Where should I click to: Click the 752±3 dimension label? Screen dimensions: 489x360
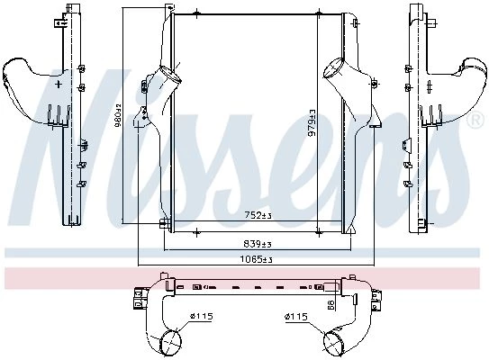pos(258,215)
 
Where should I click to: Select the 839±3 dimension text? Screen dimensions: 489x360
pos(258,244)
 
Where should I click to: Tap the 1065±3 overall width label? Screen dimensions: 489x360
pos(256,259)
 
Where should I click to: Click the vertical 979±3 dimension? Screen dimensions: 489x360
pos(312,122)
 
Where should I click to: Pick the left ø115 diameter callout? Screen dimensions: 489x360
pos(202,317)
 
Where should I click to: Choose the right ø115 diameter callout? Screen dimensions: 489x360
pos(296,317)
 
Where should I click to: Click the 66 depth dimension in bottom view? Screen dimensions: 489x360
pos(331,304)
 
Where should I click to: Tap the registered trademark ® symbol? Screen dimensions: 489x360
pos(475,121)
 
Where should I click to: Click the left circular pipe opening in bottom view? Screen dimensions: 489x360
pos(171,343)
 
